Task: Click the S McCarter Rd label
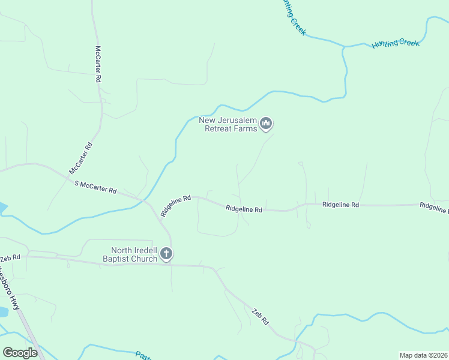click(95, 187)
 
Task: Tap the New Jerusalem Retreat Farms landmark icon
click(267, 124)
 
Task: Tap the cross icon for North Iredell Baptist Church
click(167, 254)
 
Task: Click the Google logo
click(20, 352)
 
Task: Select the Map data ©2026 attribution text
click(423, 355)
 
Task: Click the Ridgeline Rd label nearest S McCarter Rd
click(175, 205)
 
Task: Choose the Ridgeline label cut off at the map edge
click(434, 206)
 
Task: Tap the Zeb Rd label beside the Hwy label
click(10, 258)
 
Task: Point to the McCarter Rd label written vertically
click(98, 64)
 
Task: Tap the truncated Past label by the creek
click(143, 355)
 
